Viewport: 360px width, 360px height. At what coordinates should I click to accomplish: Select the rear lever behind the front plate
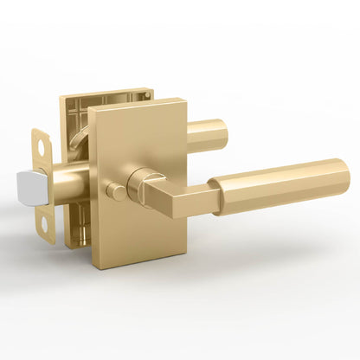click(x=207, y=134)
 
